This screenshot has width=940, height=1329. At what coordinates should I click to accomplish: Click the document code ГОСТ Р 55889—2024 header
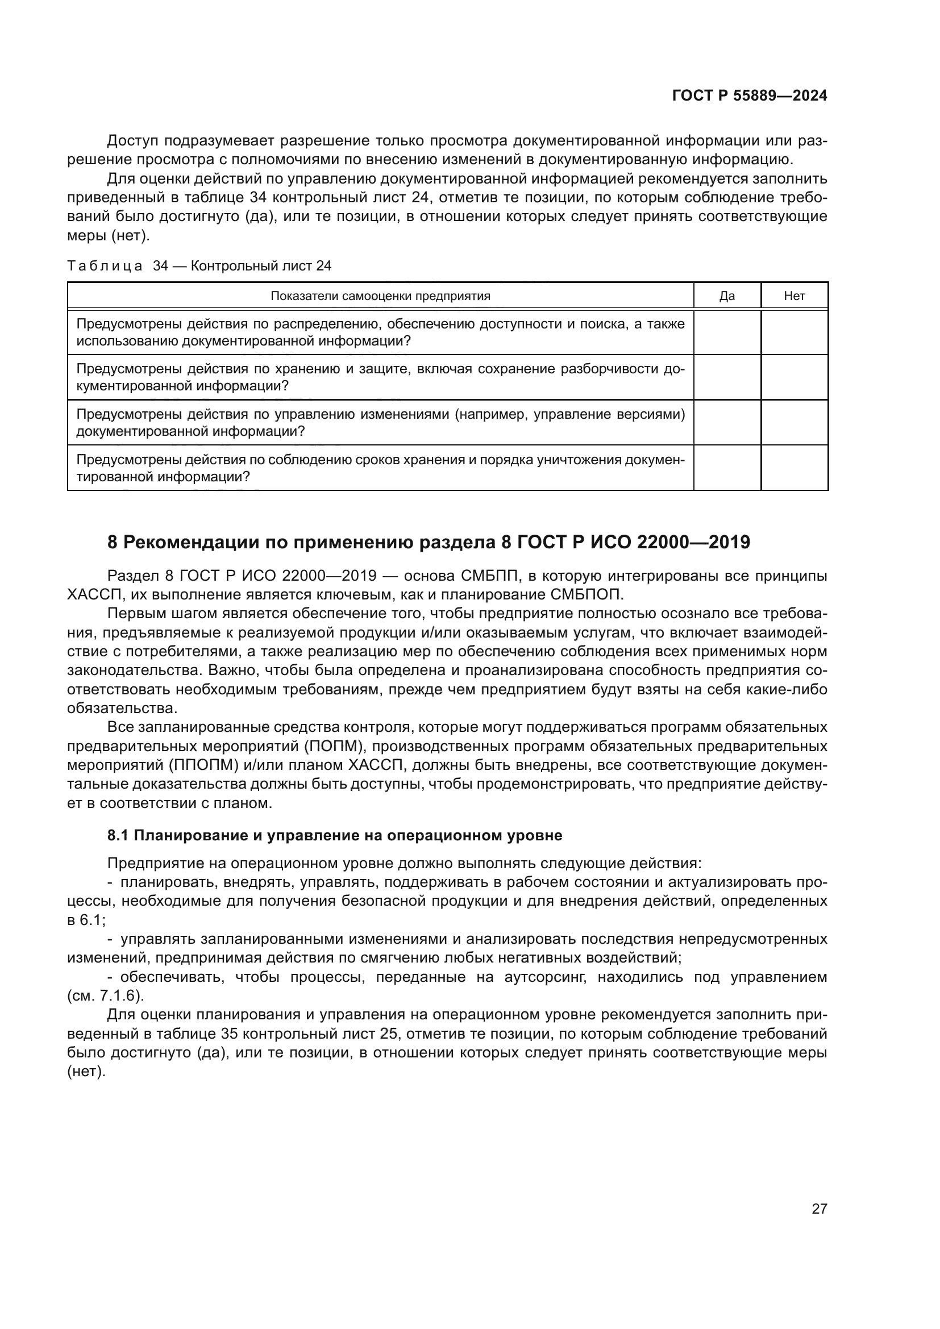pyautogui.click(x=749, y=95)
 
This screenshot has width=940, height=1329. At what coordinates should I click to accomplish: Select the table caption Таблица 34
pyautogui.click(x=199, y=266)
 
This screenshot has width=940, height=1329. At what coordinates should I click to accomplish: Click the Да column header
pyautogui.click(x=726, y=296)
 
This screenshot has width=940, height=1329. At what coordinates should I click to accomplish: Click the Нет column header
pyautogui.click(x=794, y=296)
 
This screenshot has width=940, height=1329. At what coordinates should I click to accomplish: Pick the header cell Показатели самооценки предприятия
pyautogui.click(x=380, y=296)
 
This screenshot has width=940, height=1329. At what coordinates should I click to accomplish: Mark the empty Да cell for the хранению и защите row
pyautogui.click(x=726, y=377)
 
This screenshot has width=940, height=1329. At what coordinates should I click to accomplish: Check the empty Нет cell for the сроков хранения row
pyautogui.click(x=794, y=468)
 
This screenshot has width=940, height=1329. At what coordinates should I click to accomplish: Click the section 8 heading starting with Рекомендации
pyautogui.click(x=429, y=542)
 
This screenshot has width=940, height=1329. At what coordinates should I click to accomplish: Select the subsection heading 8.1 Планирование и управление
pyautogui.click(x=335, y=835)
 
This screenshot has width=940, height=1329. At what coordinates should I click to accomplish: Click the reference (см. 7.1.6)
pyautogui.click(x=105, y=995)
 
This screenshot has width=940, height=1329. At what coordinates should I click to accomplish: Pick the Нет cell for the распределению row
pyautogui.click(x=794, y=332)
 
